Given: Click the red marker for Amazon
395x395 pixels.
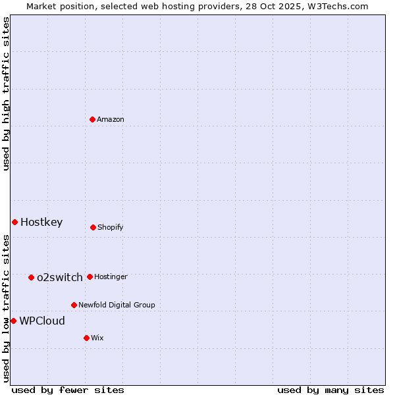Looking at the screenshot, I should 92,119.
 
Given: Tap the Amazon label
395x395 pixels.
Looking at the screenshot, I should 111,120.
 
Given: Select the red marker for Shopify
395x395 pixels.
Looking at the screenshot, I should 93,227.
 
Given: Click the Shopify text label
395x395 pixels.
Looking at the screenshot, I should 111,228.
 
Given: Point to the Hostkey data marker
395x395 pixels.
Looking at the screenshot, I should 14,222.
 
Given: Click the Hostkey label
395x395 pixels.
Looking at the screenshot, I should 41,223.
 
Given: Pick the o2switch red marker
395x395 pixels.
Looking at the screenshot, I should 31,277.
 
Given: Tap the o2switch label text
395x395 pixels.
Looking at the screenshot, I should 59,278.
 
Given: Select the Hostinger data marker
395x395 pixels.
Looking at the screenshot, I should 90,276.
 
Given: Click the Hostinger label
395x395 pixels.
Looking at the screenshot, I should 111,277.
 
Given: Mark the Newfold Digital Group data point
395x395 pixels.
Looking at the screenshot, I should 74,305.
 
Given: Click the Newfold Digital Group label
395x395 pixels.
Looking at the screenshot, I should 117,305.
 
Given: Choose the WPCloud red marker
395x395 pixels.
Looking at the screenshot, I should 13,321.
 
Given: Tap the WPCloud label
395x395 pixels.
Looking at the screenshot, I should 42,321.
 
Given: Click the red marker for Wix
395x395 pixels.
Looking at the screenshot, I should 86,338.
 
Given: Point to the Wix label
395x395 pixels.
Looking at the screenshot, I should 97,338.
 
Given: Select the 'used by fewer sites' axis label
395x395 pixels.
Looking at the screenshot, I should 68,390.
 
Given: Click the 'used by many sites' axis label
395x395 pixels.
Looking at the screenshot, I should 330,390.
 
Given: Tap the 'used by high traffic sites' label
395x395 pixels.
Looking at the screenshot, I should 6,93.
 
